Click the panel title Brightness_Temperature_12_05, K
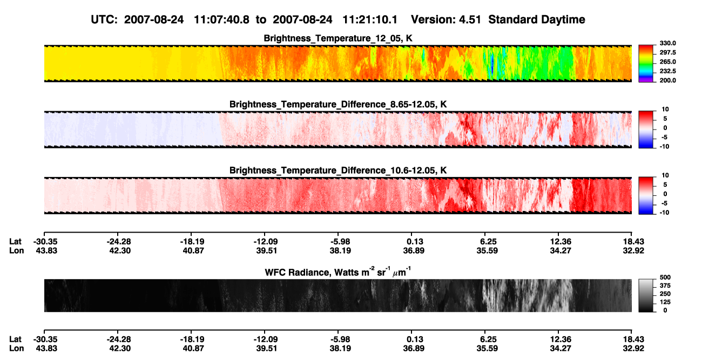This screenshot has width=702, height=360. pyautogui.click(x=338, y=38)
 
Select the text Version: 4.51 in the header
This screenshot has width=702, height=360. pyautogui.click(x=446, y=19)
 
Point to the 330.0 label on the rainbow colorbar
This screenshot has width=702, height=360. pyautogui.click(x=667, y=43)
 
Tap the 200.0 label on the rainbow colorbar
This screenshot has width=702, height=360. pyautogui.click(x=667, y=80)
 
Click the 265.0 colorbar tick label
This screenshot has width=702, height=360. pyautogui.click(x=667, y=62)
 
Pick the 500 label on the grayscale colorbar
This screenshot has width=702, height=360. pyautogui.click(x=665, y=277)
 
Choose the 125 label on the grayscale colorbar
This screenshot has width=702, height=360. pyautogui.click(x=665, y=302)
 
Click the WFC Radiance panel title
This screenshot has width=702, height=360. pyautogui.click(x=338, y=271)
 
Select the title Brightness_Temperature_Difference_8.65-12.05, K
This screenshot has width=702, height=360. pyautogui.click(x=338, y=104)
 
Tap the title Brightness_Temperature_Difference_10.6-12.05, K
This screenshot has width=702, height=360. pyautogui.click(x=338, y=171)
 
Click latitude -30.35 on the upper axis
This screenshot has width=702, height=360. pyautogui.click(x=45, y=242)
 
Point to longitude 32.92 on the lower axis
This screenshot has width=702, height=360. pyautogui.click(x=633, y=349)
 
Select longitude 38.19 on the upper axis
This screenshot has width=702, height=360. pyautogui.click(x=340, y=250)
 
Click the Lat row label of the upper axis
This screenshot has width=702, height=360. pyautogui.click(x=15, y=242)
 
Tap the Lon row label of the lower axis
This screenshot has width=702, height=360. pyautogui.click(x=16, y=349)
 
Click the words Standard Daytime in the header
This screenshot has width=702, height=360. pyautogui.click(x=537, y=19)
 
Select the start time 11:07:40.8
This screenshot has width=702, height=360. pyautogui.click(x=221, y=19)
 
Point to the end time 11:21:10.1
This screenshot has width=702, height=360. pyautogui.click(x=370, y=19)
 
